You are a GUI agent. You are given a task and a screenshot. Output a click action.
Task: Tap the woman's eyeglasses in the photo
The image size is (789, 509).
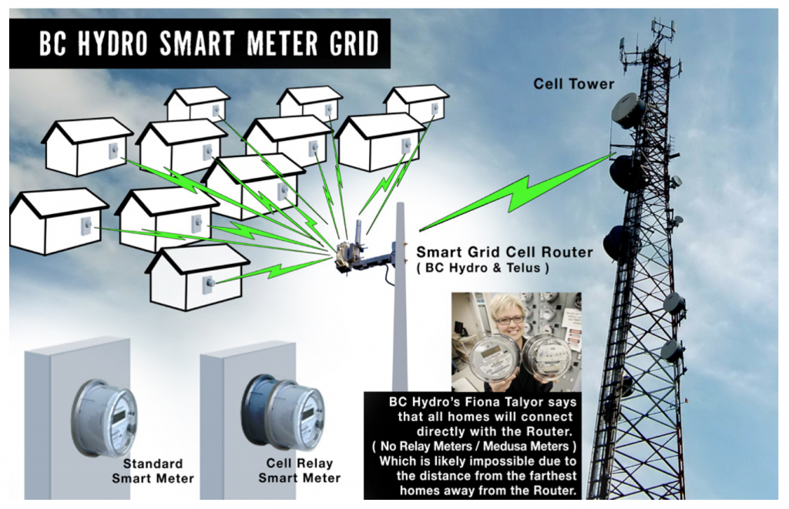[x=510, y=318]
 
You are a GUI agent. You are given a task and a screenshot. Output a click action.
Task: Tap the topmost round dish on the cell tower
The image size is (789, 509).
[x=628, y=111]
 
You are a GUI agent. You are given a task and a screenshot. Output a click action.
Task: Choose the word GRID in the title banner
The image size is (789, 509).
[x=350, y=45]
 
